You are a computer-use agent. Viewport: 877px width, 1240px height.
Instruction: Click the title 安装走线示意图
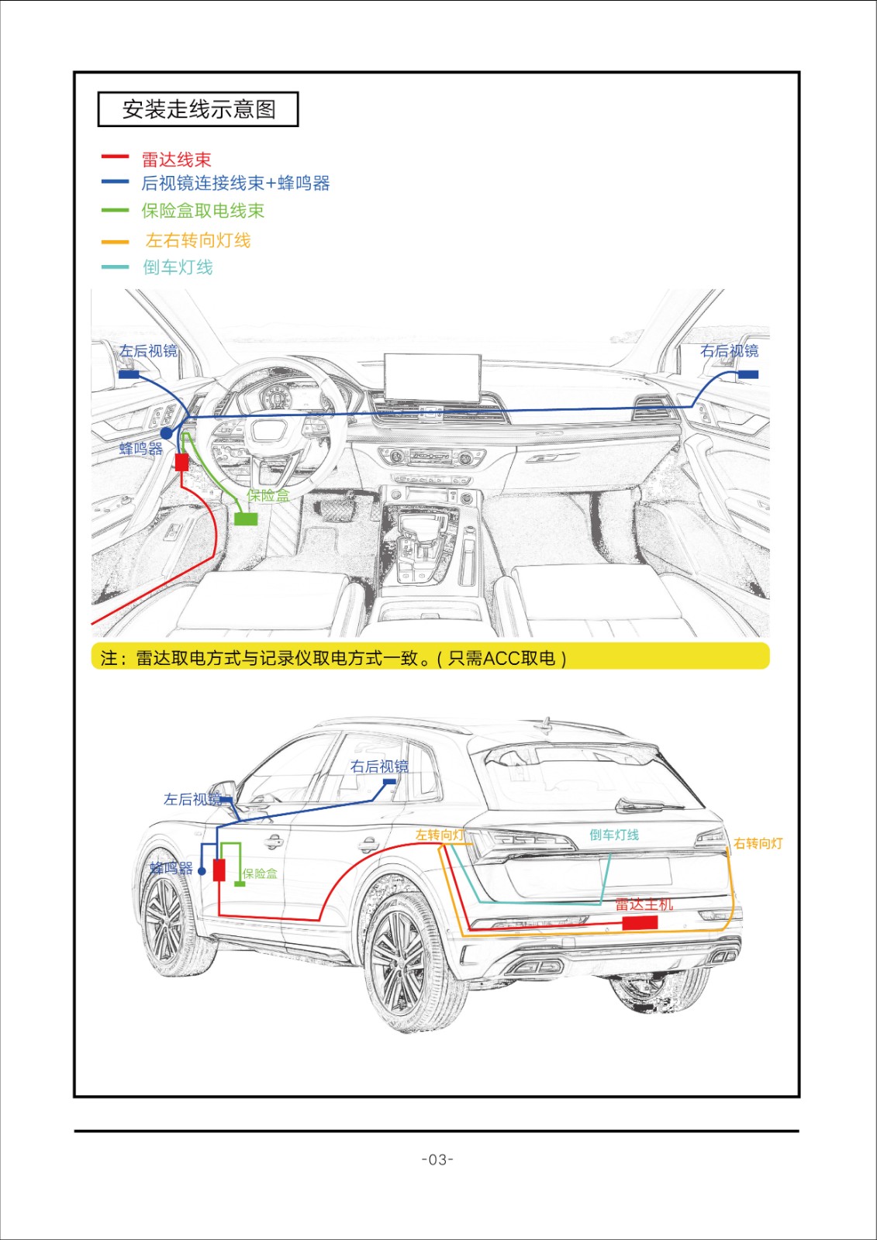[x=199, y=109]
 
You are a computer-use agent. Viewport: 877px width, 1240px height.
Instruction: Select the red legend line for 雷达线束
[x=115, y=157]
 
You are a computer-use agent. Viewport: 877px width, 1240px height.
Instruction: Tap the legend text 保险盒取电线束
[x=202, y=211]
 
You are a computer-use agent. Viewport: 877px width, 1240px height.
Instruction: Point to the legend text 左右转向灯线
[x=198, y=240]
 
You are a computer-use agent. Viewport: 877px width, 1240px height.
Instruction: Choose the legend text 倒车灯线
[x=178, y=267]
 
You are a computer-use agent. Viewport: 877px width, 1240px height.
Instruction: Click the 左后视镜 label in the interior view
[x=148, y=351]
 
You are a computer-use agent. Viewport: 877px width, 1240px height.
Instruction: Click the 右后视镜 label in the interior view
[x=729, y=351]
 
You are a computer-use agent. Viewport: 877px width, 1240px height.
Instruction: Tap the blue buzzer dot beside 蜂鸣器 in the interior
[x=167, y=434]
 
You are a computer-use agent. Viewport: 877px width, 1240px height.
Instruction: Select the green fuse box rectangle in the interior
[x=246, y=518]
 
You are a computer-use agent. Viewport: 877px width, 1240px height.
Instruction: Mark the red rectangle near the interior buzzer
[x=181, y=463]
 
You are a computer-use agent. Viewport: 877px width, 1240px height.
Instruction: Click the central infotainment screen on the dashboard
[x=433, y=377]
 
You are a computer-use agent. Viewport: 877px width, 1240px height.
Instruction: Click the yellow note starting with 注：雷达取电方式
[x=430, y=657]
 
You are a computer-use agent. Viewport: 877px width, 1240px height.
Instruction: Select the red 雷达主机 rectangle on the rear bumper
[x=640, y=922]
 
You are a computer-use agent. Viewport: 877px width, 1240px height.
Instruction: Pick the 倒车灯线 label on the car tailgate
[x=613, y=835]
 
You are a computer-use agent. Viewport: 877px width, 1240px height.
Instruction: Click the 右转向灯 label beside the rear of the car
[x=758, y=843]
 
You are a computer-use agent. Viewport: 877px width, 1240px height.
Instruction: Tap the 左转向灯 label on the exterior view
[x=439, y=835]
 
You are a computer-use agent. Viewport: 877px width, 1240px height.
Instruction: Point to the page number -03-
[x=437, y=1159]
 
